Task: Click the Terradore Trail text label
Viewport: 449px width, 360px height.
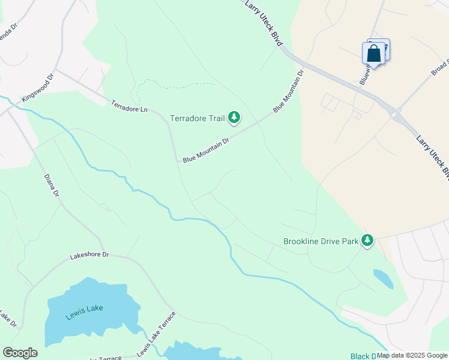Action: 197,118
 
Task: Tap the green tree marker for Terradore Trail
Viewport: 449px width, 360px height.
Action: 234,118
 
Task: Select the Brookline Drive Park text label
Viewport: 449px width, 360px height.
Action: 320,242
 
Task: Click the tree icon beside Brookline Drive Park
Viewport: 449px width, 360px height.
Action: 367,241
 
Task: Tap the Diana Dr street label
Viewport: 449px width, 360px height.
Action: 52,186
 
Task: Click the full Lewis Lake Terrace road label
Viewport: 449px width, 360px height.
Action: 157,334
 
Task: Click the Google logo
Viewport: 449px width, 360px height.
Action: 20,353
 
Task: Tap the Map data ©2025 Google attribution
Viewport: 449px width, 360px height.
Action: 412,355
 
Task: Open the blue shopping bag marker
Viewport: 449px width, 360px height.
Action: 374,53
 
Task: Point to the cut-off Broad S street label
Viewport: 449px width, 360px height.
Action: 440,67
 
